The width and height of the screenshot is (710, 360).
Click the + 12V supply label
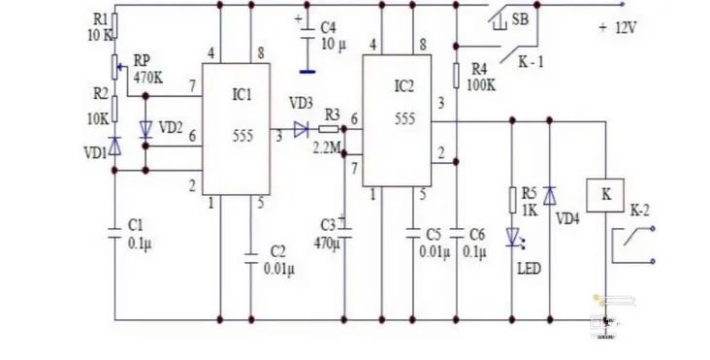pos(617,27)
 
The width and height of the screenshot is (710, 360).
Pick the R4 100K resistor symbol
pos(455,76)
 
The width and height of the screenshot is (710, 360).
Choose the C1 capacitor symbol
pos(114,231)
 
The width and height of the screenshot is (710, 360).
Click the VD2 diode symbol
pos(145,128)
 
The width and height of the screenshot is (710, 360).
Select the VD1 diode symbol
pos(114,147)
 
